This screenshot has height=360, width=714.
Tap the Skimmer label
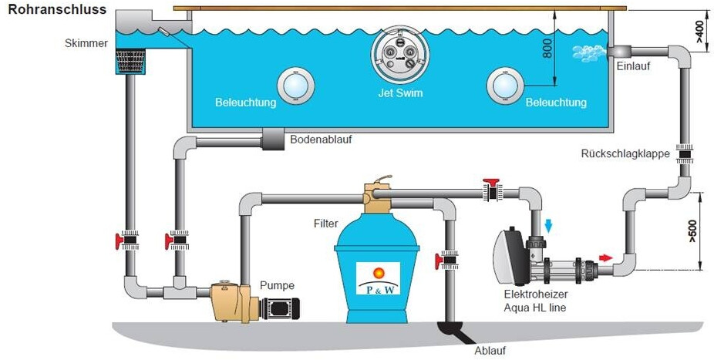tap(86, 43)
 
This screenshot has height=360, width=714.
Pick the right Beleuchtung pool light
tap(504, 85)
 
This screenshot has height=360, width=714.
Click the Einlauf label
tap(633, 66)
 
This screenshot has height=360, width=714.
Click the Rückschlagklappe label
tap(625, 154)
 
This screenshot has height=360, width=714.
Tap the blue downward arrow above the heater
tap(549, 226)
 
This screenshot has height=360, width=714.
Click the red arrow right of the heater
tap(606, 257)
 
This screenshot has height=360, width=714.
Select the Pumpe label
tap(276, 284)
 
